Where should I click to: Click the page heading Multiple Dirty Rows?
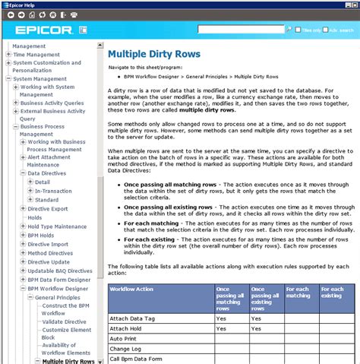click(x=154, y=55)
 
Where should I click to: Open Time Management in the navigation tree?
click(x=36, y=55)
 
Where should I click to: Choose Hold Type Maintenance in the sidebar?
click(x=57, y=226)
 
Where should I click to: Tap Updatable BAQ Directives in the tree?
click(x=59, y=271)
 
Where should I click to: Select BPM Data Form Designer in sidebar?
click(x=59, y=280)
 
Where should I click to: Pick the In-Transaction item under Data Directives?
click(x=53, y=191)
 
